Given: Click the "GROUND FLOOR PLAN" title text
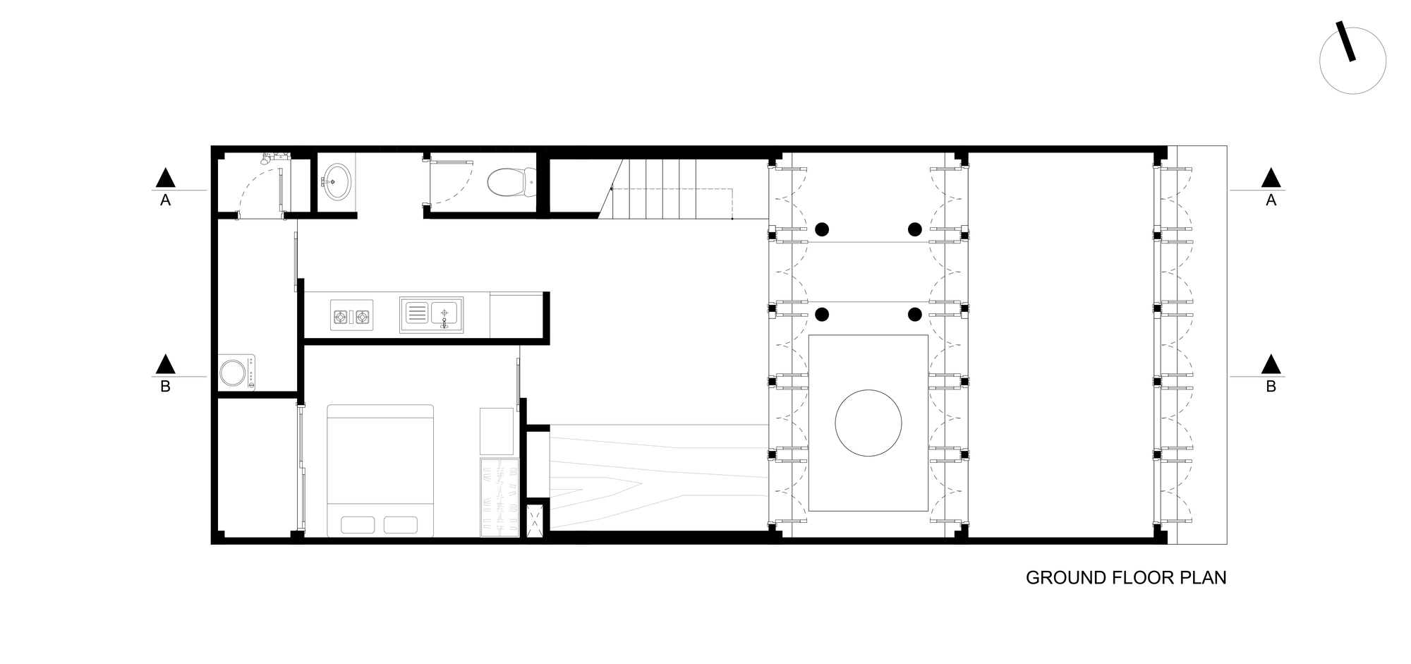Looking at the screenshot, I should point(1125,578).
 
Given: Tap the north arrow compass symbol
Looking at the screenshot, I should point(1352,61).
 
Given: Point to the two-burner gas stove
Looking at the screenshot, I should point(352,317).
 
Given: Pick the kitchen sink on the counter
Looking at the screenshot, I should point(431,315).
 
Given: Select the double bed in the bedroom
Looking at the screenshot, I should point(380,470).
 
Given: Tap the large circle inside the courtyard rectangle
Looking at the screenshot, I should point(868,423).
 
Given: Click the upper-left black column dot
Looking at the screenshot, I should point(822,229).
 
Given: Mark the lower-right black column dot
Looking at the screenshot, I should point(914,314).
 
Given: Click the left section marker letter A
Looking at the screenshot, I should point(165,200).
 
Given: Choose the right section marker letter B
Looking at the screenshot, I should point(1271,387).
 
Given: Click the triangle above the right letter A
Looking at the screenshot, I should point(1271,178).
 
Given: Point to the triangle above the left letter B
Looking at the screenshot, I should point(165,364).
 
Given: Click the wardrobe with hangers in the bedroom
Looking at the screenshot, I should point(499,497).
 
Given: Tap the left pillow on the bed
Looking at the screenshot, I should point(358,525).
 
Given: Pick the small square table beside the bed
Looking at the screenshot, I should point(497,430).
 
